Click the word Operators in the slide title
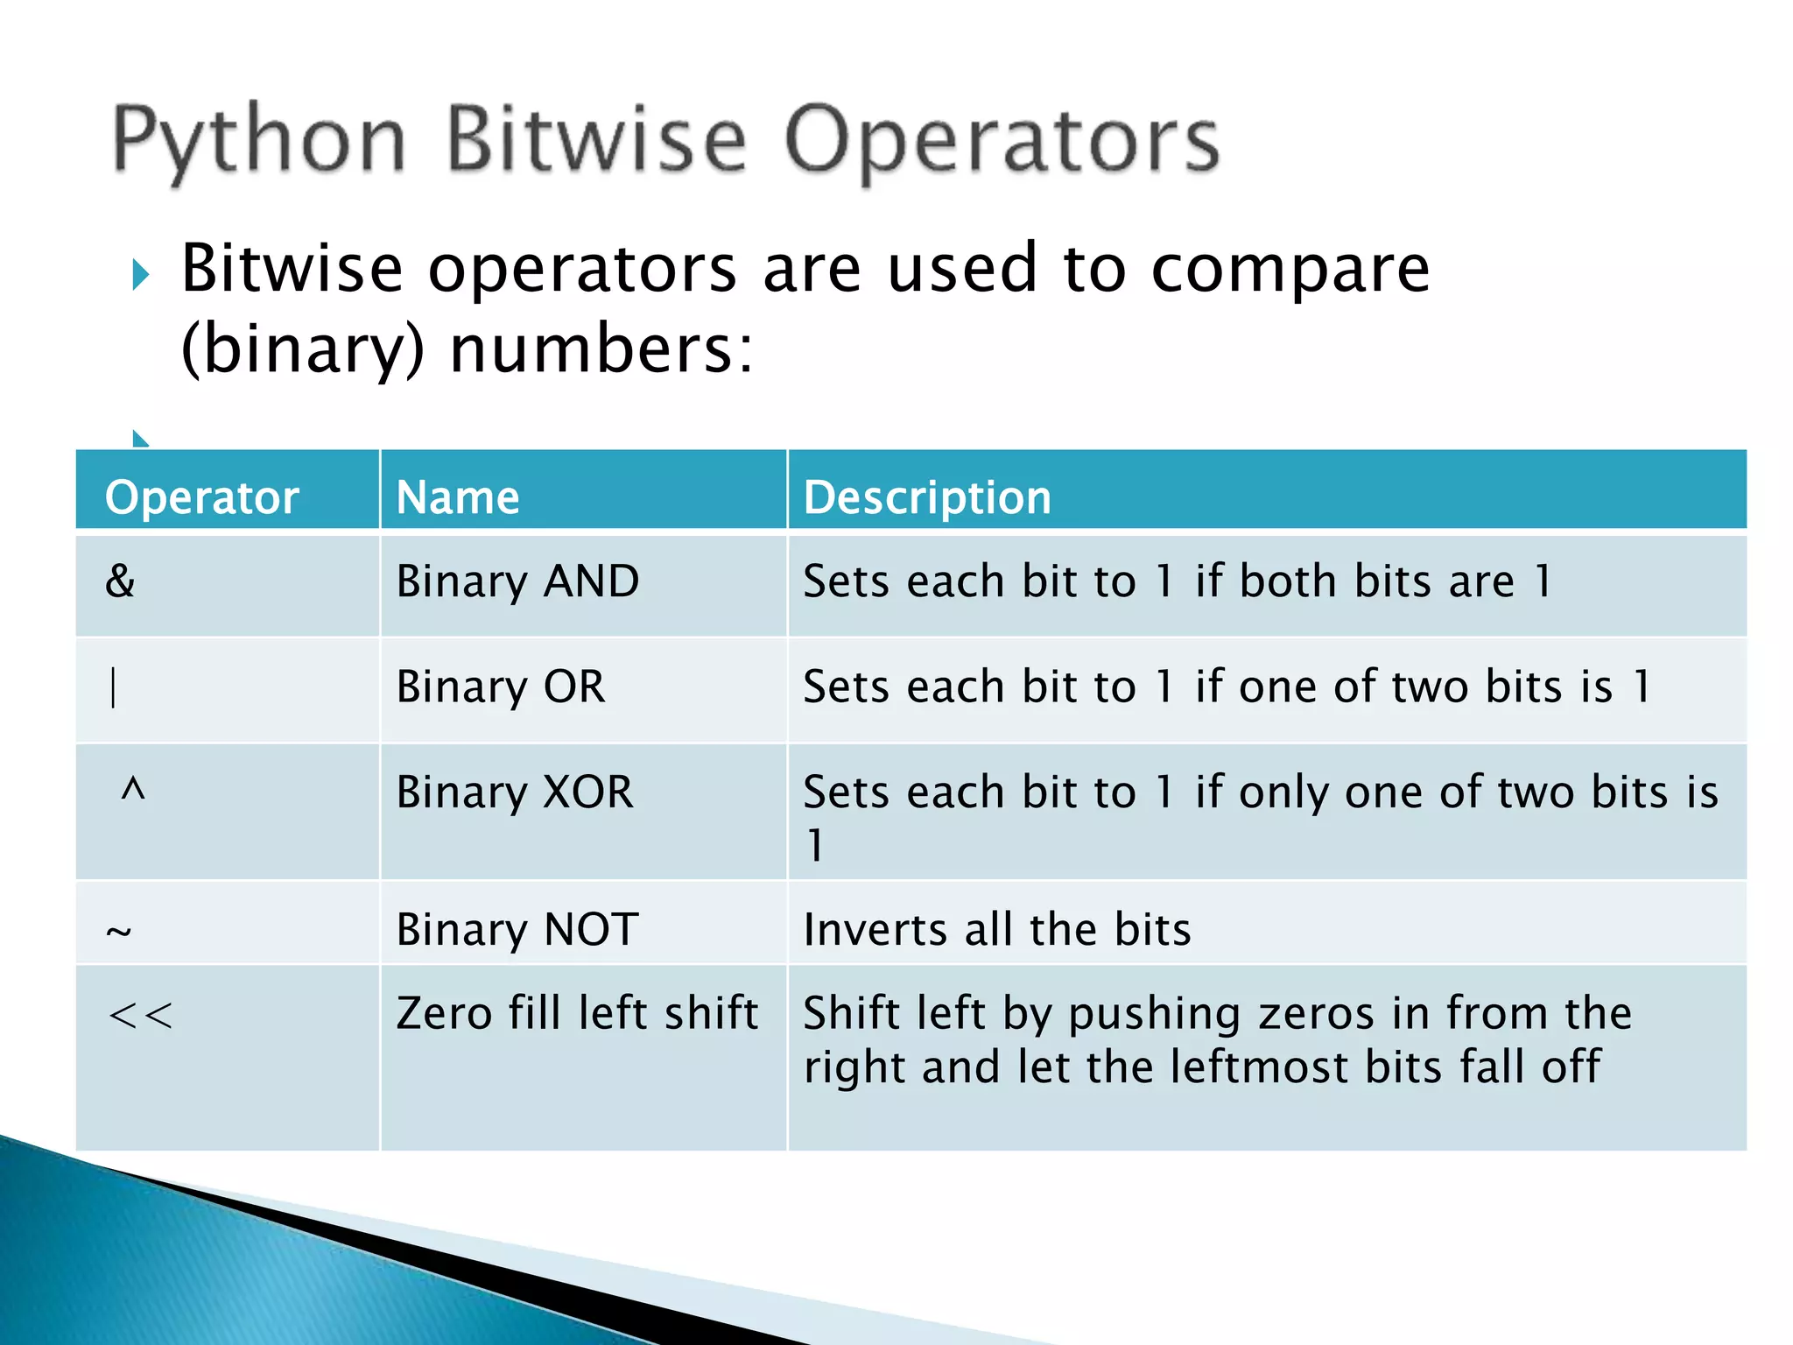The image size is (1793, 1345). coord(1001,140)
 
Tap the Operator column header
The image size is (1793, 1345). coord(201,497)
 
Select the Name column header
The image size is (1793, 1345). coord(458,497)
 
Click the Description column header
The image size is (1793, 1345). coord(927,497)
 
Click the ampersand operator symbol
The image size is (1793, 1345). coord(120,581)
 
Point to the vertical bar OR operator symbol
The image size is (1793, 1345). coord(113,687)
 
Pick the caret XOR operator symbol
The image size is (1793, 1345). coord(132,790)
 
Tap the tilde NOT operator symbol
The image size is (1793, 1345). coord(119,932)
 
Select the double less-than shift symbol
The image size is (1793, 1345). coord(140,1016)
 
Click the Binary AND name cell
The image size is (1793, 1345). coord(517,581)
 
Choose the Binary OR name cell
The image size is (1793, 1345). coord(500,687)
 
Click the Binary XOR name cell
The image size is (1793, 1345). coord(514,792)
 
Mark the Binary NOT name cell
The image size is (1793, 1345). coord(517,929)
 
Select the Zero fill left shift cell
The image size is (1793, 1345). coord(576,1013)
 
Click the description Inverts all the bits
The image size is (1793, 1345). coord(996,929)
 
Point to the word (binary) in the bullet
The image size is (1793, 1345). coord(302,349)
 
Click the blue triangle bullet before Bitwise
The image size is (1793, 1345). coord(140,275)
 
